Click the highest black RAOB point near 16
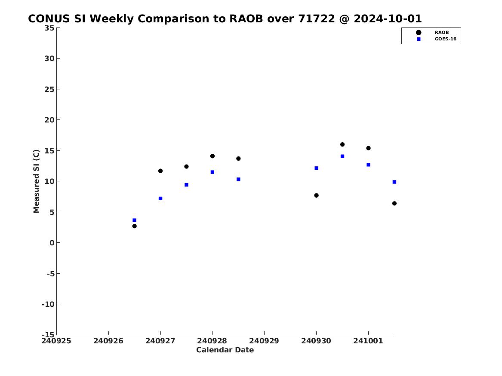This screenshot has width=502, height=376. click(342, 144)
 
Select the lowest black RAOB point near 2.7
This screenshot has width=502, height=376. click(135, 226)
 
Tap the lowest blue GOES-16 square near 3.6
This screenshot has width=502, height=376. click(135, 220)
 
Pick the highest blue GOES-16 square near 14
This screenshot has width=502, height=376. click(342, 156)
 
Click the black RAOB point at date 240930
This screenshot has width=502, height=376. click(316, 196)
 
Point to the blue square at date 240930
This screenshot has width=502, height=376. click(316, 168)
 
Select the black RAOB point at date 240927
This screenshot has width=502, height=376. click(160, 171)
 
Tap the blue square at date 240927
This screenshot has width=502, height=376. click(160, 199)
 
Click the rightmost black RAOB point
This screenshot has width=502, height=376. click(394, 203)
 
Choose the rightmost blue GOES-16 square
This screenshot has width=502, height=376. click(394, 182)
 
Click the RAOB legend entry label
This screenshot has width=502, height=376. click(442, 32)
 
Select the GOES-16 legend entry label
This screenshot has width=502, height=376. click(445, 39)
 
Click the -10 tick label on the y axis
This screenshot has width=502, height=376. click(48, 304)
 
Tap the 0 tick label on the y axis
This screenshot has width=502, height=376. click(52, 243)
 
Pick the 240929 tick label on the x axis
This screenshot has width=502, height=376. click(264, 341)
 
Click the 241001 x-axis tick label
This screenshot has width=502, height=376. click(368, 341)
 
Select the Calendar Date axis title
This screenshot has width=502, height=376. click(225, 350)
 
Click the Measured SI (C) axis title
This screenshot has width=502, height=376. click(36, 181)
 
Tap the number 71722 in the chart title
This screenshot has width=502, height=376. click(316, 19)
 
